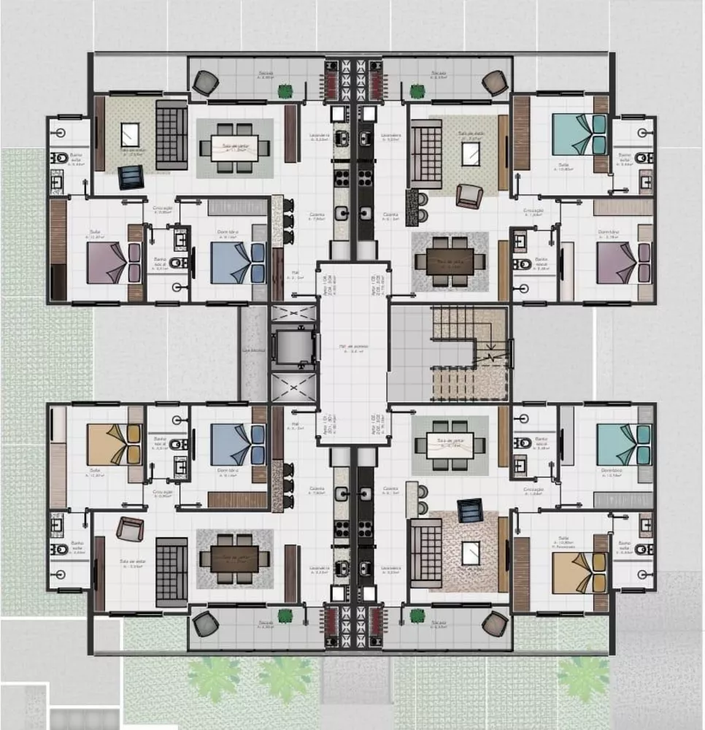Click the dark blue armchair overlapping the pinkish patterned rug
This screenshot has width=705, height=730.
470,510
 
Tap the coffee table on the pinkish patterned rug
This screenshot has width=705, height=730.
471,553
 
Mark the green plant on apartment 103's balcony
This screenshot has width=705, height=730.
417,91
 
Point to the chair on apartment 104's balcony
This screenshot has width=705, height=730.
205,82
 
